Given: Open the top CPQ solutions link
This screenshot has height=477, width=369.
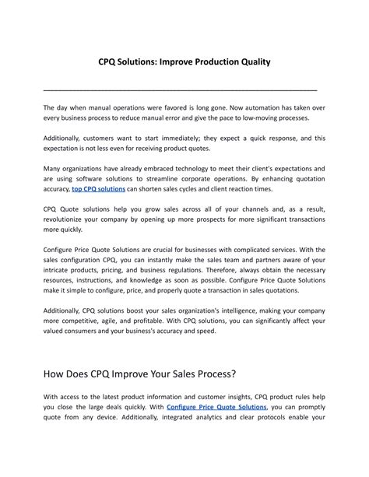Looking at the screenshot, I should pyautogui.click(x=97, y=189).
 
